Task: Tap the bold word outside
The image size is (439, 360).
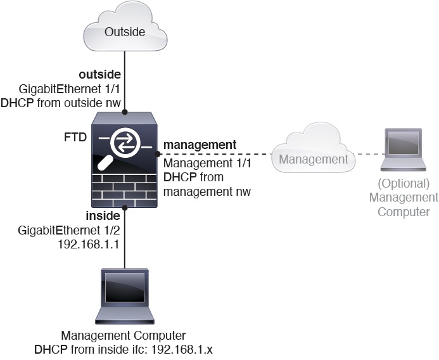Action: click(x=100, y=75)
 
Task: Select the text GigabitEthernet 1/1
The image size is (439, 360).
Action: click(x=70, y=89)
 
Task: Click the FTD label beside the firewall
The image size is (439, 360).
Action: click(x=75, y=138)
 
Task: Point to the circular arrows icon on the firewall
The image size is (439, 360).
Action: click(x=125, y=143)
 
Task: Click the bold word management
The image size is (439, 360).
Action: click(x=200, y=145)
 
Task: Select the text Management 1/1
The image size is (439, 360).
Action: click(x=207, y=163)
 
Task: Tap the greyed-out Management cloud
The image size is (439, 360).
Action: click(x=313, y=148)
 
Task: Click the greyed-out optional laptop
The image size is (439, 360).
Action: click(x=403, y=150)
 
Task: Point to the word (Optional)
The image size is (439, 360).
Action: click(x=404, y=184)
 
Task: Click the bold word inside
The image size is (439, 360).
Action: click(x=103, y=216)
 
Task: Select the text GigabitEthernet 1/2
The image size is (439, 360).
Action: click(x=69, y=231)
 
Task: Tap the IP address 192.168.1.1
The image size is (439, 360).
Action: click(x=89, y=245)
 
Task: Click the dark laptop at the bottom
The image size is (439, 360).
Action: click(x=125, y=297)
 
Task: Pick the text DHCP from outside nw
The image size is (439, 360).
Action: click(x=61, y=103)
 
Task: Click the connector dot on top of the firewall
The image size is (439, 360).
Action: click(x=125, y=112)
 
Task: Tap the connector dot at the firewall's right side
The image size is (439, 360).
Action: click(x=158, y=154)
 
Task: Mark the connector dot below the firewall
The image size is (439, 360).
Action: click(x=125, y=208)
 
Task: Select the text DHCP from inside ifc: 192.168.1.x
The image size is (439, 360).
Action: click(x=124, y=350)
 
